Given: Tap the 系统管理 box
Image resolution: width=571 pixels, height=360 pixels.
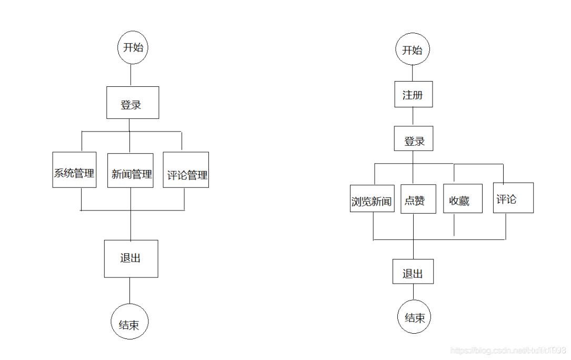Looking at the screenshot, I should point(74,170).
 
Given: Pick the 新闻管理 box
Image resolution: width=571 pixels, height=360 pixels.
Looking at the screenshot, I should point(131,171).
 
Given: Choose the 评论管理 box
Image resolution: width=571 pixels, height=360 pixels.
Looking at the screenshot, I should point(186,170).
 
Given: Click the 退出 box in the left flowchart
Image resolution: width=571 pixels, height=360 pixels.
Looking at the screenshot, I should point(131,258).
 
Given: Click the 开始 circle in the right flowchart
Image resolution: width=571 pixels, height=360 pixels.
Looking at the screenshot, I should point(413,51).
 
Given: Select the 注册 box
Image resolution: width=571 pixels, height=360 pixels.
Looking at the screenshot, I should point(413,95).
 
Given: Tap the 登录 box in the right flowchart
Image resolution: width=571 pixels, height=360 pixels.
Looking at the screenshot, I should point(414,138).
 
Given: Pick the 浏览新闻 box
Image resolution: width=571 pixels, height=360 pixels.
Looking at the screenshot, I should point(372,198).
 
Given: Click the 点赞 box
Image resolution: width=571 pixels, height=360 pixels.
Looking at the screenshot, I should point(418,199).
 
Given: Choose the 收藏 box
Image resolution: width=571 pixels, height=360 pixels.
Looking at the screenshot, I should point(462,198).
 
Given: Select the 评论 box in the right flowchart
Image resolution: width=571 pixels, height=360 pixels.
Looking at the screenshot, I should point(513,198).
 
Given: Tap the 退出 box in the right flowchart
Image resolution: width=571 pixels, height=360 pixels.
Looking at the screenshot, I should point(413,272).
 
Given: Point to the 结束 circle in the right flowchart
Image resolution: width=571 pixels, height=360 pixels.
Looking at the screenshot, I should point(414,317).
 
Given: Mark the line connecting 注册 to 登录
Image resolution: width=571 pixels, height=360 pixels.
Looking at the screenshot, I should point(413,116).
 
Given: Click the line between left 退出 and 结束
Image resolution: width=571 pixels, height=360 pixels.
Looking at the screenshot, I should point(129,291).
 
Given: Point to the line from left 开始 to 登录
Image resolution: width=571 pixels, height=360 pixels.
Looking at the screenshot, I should point(131,75).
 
